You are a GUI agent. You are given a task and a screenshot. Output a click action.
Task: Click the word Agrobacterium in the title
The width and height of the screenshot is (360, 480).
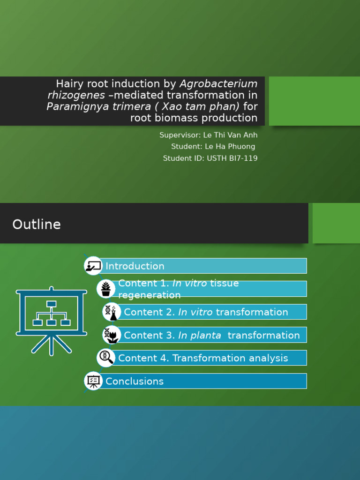pyautogui.click(x=218, y=84)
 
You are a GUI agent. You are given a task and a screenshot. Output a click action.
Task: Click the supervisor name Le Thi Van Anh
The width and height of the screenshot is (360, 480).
pyautogui.click(x=230, y=135)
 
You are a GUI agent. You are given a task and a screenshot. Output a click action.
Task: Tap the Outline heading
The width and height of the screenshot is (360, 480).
pyautogui.click(x=37, y=225)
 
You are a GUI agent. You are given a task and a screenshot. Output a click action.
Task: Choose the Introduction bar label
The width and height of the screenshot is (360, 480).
pyautogui.click(x=135, y=266)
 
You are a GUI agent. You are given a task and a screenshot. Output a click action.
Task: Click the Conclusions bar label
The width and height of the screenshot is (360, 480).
pyautogui.click(x=135, y=382)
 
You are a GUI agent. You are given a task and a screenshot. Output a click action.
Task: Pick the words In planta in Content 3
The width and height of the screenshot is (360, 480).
pyautogui.click(x=200, y=335)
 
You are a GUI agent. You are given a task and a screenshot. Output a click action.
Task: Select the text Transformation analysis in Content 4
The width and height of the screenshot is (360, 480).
pyautogui.click(x=230, y=358)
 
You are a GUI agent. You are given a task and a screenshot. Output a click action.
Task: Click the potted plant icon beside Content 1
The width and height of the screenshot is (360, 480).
pyautogui.click(x=106, y=289)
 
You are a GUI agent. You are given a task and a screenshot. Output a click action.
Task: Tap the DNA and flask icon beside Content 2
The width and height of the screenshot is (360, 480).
pyautogui.click(x=111, y=312)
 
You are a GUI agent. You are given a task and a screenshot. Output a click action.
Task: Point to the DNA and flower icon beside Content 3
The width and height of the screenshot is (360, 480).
pyautogui.click(x=111, y=335)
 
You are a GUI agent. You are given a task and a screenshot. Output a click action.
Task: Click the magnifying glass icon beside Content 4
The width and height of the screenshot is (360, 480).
pyautogui.click(x=106, y=358)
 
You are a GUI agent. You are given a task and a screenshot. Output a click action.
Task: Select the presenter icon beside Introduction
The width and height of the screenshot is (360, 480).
pyautogui.click(x=93, y=266)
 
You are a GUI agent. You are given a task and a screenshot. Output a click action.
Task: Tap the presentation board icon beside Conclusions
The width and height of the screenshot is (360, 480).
pyautogui.click(x=93, y=381)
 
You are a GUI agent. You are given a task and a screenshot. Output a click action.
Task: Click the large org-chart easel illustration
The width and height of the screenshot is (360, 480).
pyautogui.click(x=52, y=319)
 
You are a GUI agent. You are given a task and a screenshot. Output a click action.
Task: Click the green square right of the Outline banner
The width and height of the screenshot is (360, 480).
pyautogui.click(x=336, y=223)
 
